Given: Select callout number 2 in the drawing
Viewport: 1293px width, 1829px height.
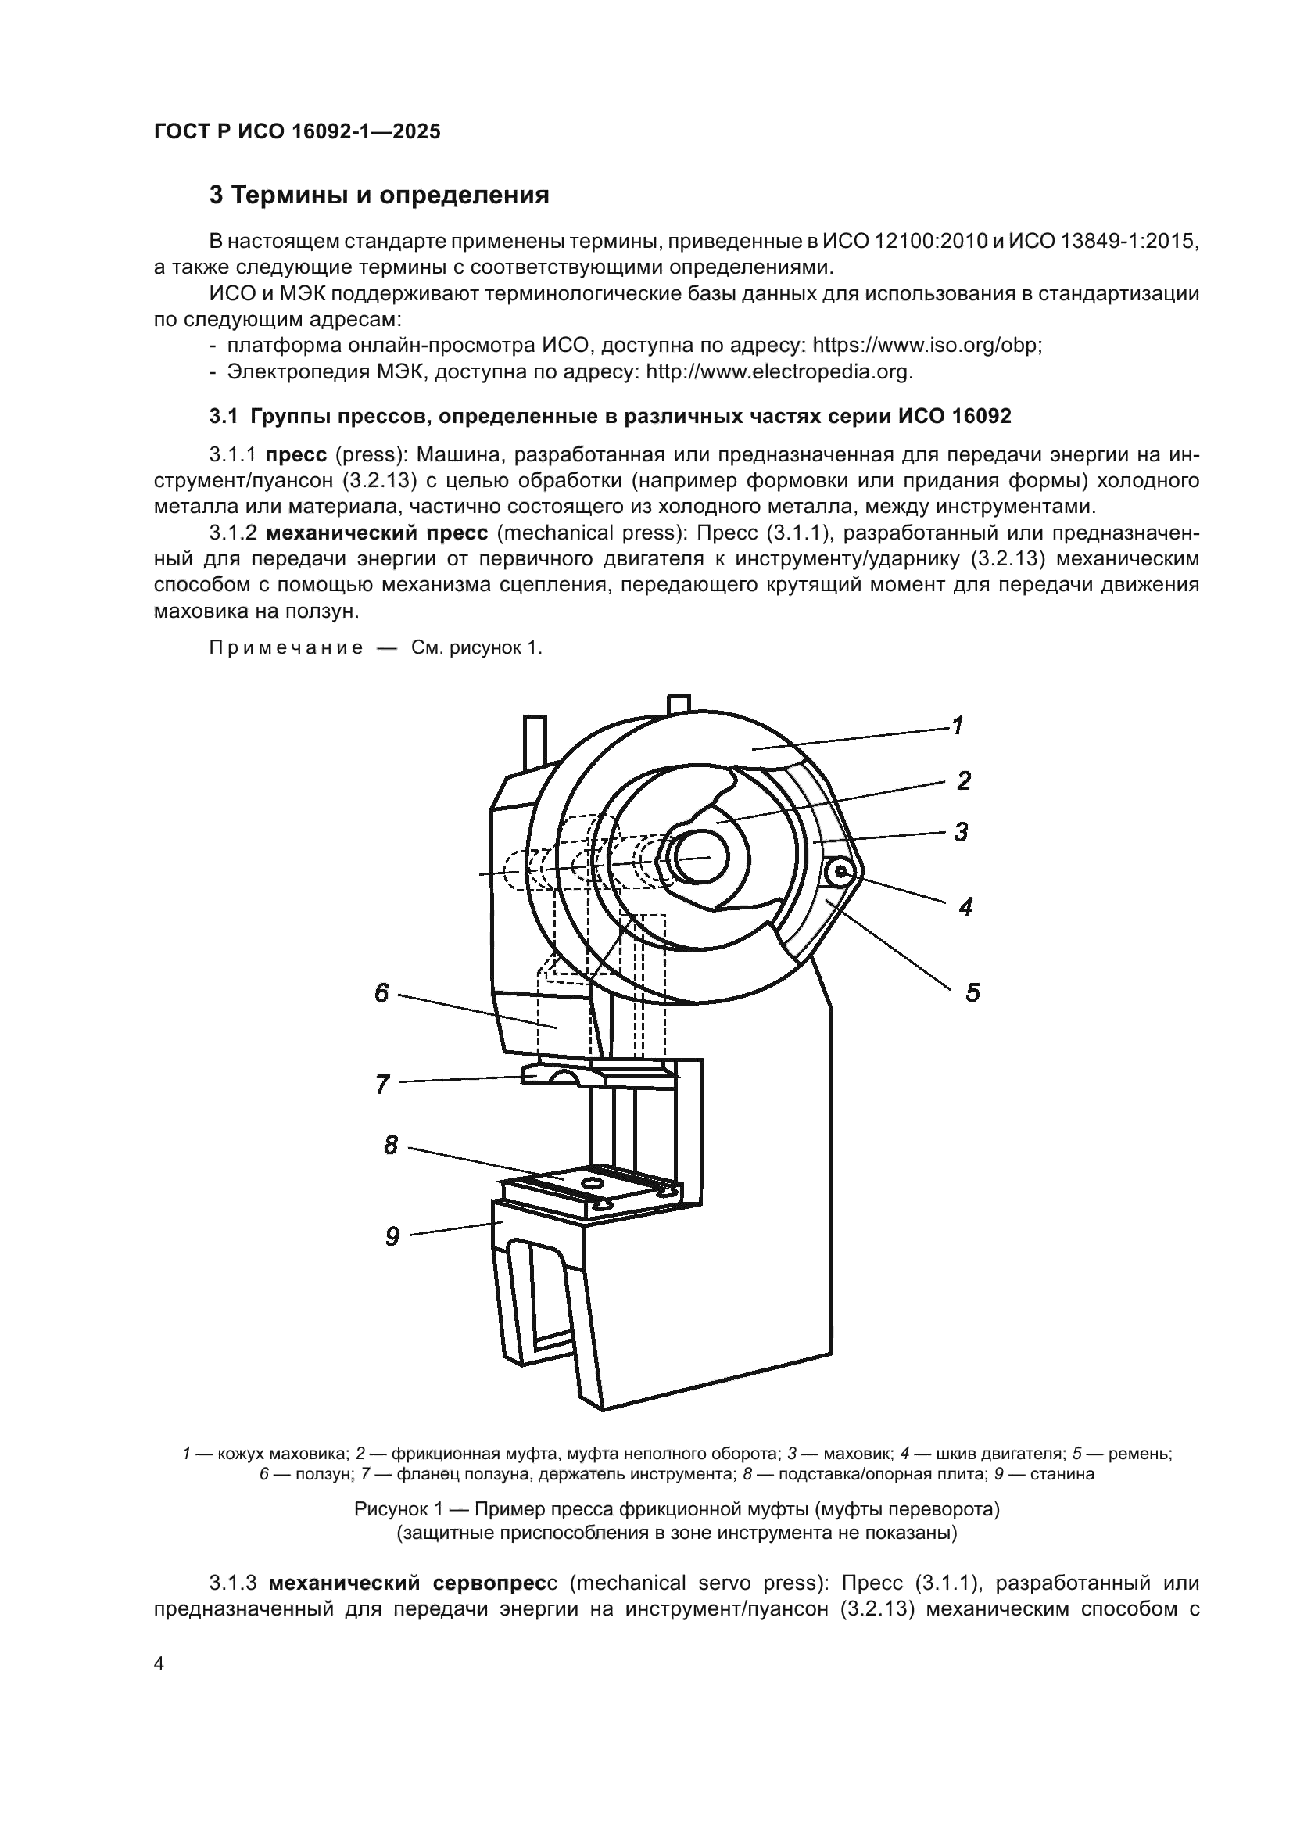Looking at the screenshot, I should pos(963,780).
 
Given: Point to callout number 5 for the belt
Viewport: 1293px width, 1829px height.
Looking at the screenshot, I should pos(972,992).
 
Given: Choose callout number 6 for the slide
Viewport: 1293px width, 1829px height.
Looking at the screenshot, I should pos(382,992).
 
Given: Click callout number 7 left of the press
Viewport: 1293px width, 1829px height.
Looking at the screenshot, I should pos(383,1084).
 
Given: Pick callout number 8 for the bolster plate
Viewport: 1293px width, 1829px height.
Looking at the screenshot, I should pos(391,1146).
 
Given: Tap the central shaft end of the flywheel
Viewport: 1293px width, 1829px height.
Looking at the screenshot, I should pos(699,857).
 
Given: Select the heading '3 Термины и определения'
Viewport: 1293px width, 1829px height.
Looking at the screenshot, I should pos(379,195).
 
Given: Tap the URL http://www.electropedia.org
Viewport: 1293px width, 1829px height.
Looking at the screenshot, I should pos(778,371).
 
